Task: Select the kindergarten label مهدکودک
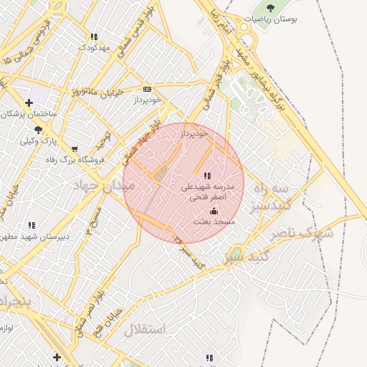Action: coord(94,47)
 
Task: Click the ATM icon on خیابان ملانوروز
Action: coord(148,89)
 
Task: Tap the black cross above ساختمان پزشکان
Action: coord(29,103)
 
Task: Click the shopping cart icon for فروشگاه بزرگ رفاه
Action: coord(75,150)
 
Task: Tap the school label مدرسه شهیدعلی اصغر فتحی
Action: coord(207,190)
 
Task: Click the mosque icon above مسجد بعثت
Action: coord(214,211)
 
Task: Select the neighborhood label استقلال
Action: coord(144,330)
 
